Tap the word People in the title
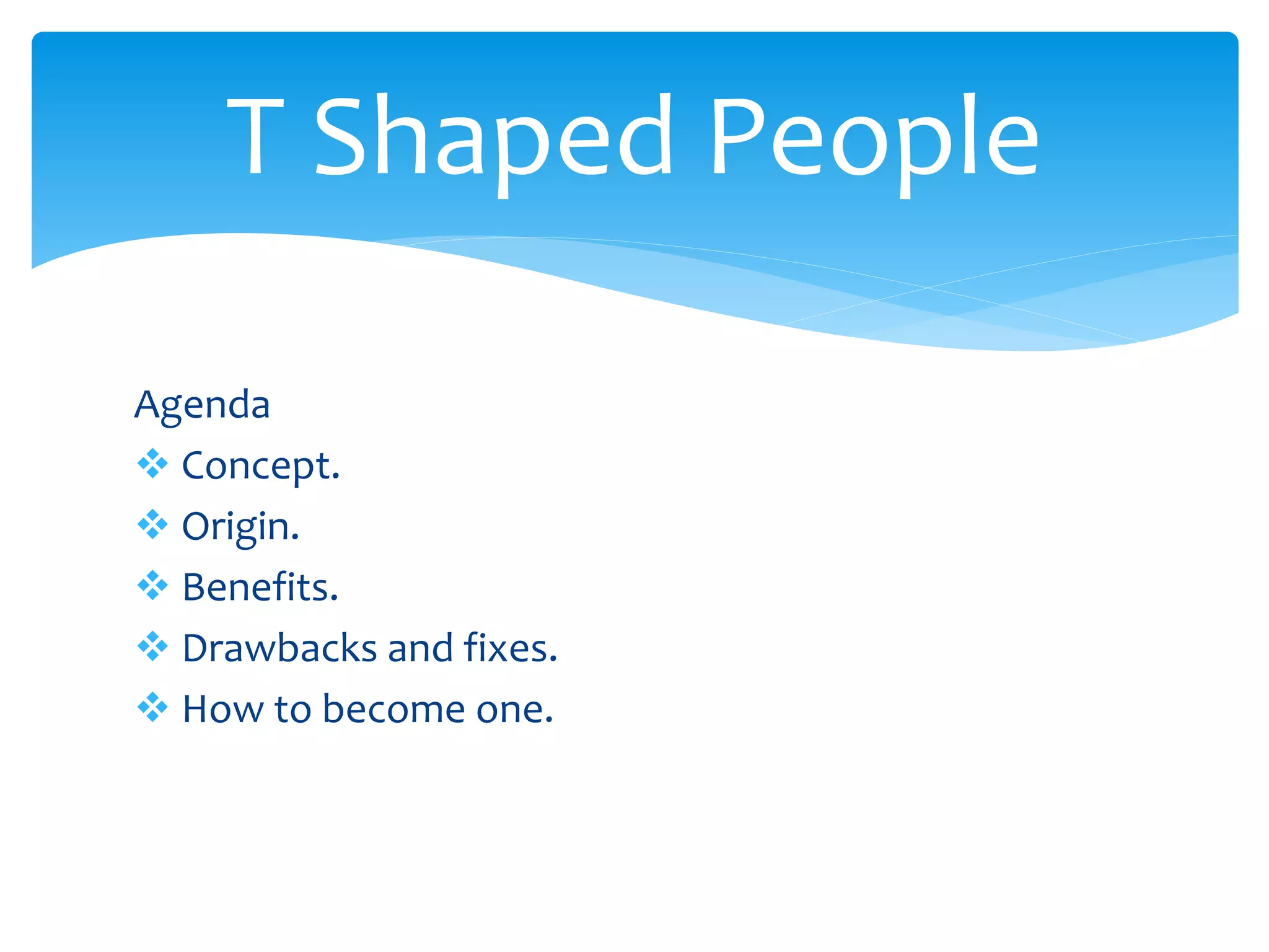coord(874,139)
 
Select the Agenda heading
coord(202,405)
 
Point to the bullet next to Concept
coord(152,464)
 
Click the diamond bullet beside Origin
coord(152,525)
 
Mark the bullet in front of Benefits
coord(152,586)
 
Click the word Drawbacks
coord(279,648)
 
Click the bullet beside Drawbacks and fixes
coord(152,646)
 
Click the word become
coord(393,709)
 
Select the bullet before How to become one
coord(152,707)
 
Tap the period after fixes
coord(553,660)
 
